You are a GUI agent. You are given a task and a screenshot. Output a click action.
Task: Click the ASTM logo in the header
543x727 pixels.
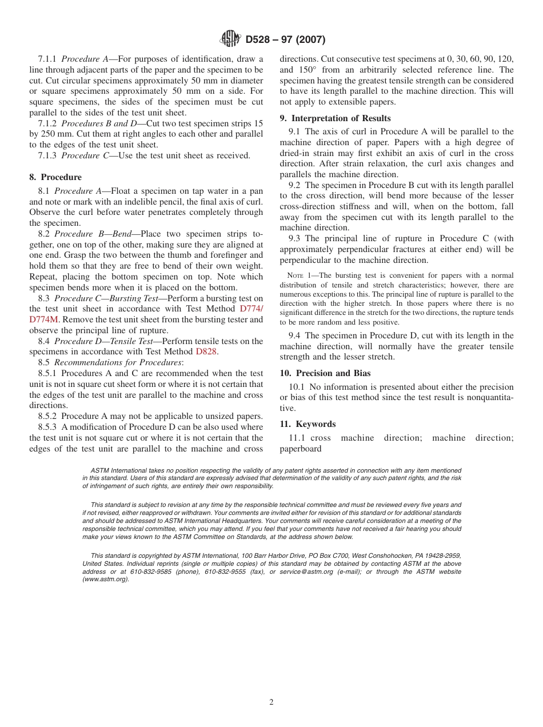point(230,39)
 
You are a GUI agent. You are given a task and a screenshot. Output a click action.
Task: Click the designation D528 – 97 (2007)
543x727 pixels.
point(285,40)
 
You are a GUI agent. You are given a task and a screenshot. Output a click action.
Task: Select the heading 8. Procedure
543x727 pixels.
point(55,177)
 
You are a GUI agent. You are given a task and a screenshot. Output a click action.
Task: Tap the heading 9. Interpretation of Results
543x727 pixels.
point(335,118)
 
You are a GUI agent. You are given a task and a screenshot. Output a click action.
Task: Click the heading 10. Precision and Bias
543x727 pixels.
point(325,373)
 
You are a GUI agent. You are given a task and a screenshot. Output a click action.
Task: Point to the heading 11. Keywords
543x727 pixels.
point(308,424)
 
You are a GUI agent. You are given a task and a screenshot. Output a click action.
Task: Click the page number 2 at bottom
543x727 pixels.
point(271,702)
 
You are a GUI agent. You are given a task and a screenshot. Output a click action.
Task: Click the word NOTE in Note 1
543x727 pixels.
point(296,276)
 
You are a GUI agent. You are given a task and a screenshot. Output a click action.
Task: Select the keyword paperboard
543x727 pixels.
point(300,449)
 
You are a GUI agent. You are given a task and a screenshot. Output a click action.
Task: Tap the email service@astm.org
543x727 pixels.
point(306,572)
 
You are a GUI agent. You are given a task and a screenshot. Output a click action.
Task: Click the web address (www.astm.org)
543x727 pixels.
point(106,580)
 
